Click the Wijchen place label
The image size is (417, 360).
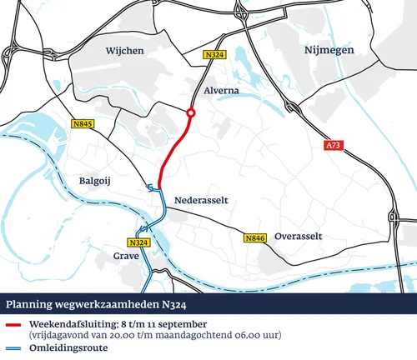pyautogui.click(x=125, y=52)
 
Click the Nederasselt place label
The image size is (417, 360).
pyautogui.click(x=201, y=201)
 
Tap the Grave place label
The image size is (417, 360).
pyautogui.click(x=126, y=256)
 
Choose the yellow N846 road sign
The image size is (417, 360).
pyautogui.click(x=255, y=239)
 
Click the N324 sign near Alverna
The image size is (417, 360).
pyautogui.click(x=215, y=55)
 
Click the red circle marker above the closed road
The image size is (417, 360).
pyautogui.click(x=191, y=113)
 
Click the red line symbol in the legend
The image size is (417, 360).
pyautogui.click(x=13, y=323)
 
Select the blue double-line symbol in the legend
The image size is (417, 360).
pyautogui.click(x=13, y=349)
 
